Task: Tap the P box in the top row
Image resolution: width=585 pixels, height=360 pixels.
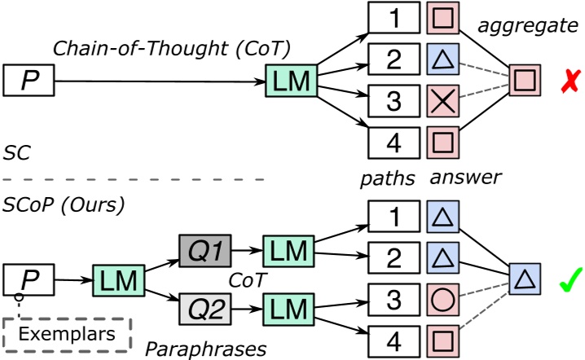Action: pos(28,81)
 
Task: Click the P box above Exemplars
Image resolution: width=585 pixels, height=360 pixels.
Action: pos(28,280)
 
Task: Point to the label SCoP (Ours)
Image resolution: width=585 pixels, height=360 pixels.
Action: pos(64,205)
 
